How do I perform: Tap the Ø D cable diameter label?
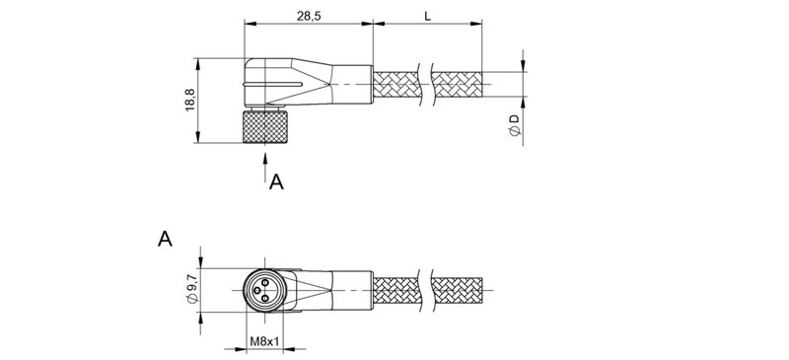[x=514, y=126]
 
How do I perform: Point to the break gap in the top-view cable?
[x=426, y=83]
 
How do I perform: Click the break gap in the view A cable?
[x=426, y=289]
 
